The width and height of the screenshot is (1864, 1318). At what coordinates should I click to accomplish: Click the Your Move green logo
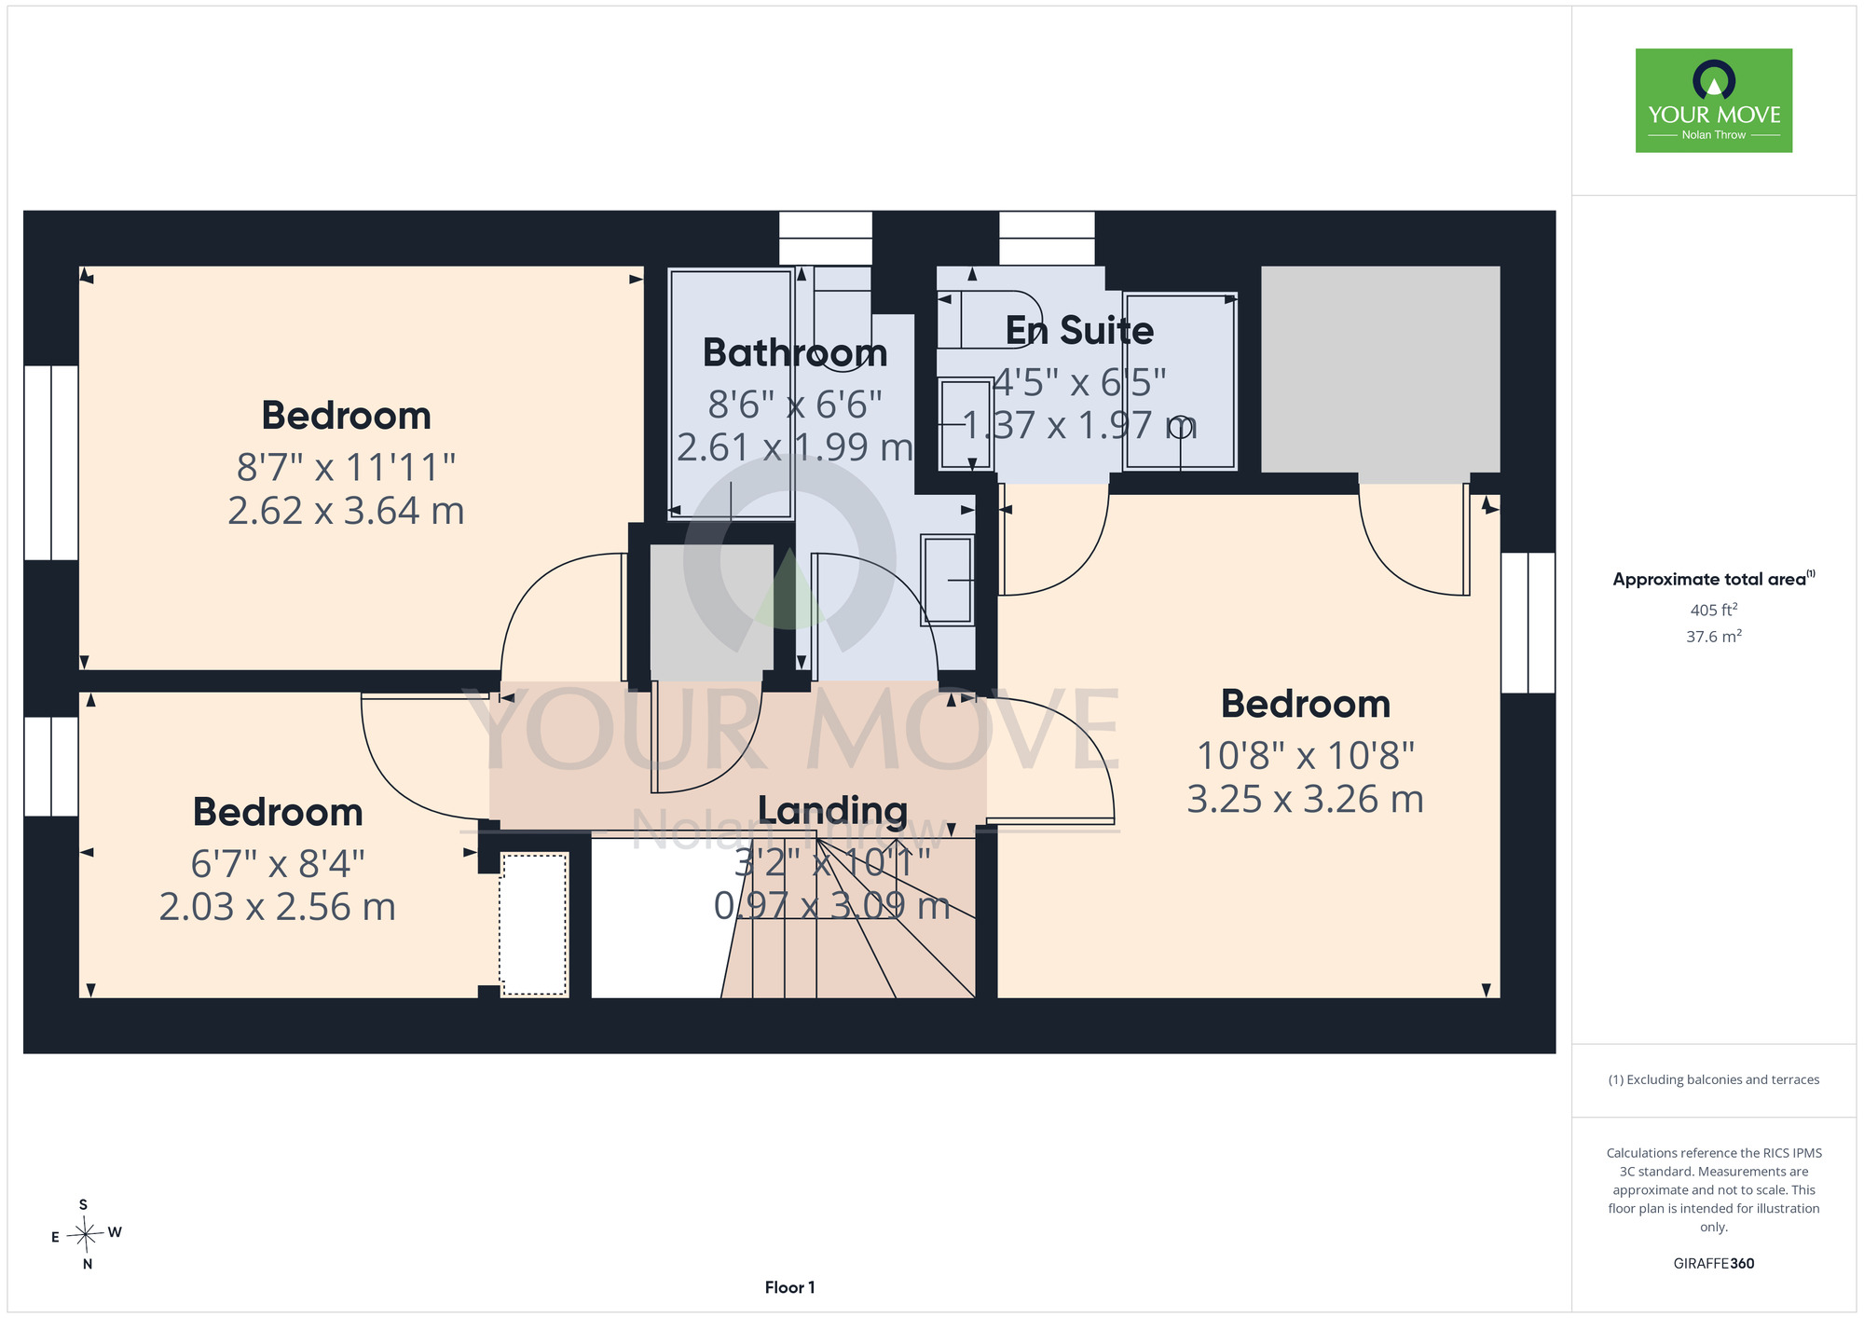click(x=1713, y=101)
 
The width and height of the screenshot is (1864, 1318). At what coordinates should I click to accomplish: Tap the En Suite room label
click(x=1079, y=331)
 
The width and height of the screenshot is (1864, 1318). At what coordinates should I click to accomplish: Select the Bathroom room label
click(x=795, y=353)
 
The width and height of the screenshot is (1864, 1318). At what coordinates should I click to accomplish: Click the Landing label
click(x=832, y=812)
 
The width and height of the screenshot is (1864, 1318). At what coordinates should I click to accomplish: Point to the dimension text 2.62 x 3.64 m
click(x=346, y=511)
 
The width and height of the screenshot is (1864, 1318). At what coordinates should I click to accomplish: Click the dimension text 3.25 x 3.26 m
click(x=1305, y=799)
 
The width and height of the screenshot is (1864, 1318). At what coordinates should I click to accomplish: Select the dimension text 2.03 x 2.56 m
click(x=278, y=907)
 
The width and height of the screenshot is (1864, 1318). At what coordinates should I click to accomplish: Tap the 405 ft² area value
click(x=1714, y=610)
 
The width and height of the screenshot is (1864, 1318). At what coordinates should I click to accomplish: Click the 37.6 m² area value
click(x=1714, y=637)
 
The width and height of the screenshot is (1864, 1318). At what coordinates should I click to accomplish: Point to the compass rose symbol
click(x=86, y=1235)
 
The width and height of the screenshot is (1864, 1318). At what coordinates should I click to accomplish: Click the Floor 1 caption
click(x=789, y=1287)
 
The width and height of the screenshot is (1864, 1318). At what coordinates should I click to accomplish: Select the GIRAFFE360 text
click(x=1714, y=1264)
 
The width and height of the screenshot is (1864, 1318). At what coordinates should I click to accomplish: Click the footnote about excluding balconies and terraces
click(x=1714, y=1079)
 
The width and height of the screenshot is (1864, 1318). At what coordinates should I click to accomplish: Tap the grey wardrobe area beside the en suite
click(x=1380, y=369)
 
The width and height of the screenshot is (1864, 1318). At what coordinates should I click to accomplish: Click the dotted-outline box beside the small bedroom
click(x=534, y=924)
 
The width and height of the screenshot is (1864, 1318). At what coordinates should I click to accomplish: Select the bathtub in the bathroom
click(x=731, y=393)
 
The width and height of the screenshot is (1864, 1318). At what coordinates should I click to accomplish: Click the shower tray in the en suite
click(x=1180, y=381)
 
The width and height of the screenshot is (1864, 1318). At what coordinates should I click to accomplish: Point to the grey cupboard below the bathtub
click(x=712, y=607)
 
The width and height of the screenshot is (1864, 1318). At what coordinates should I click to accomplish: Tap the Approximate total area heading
click(x=1714, y=579)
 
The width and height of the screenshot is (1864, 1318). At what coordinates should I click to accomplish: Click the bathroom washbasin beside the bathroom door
click(x=947, y=579)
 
